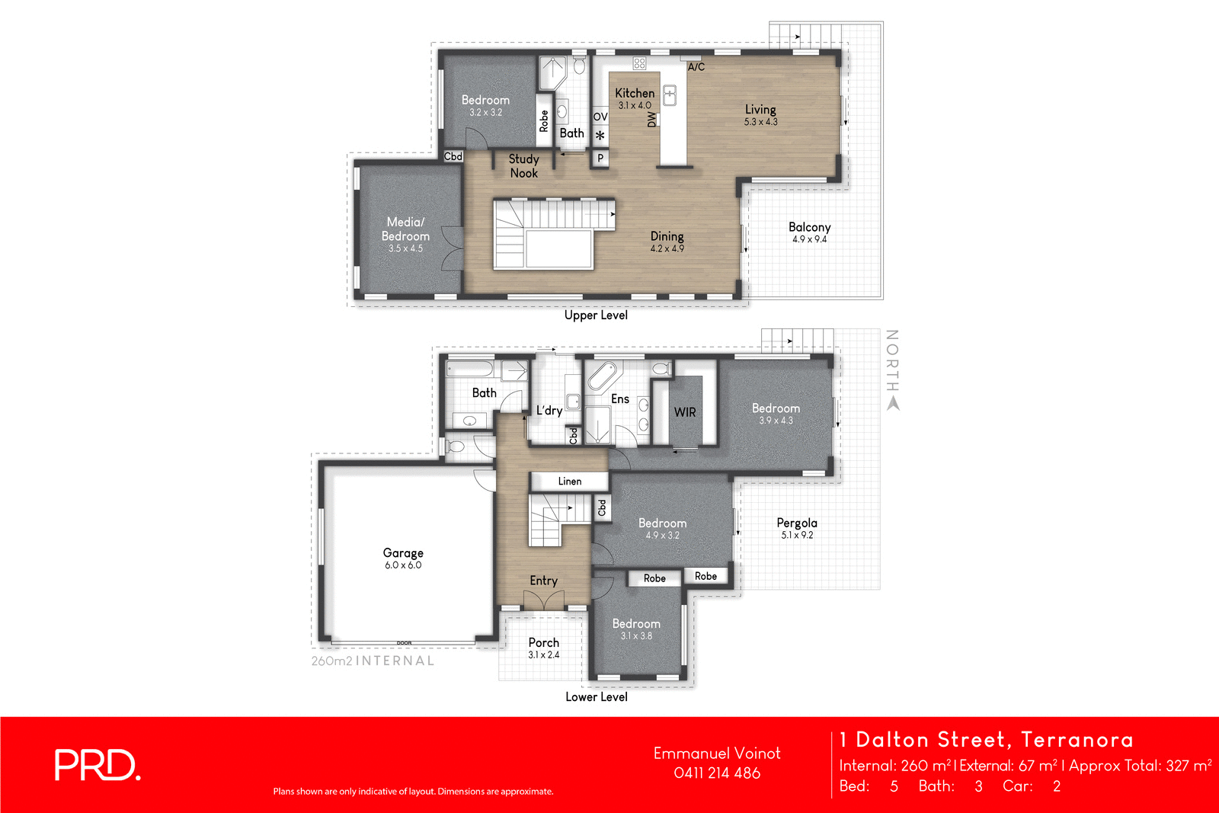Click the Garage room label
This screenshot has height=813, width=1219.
(x=403, y=553)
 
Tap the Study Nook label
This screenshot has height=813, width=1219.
(x=523, y=166)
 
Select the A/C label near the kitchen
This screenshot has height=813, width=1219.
(x=696, y=67)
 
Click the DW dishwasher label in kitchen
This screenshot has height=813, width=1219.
(x=651, y=120)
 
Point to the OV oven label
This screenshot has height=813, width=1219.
(x=600, y=117)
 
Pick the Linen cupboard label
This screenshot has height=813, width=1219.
(x=569, y=482)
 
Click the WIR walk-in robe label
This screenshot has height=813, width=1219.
(x=685, y=412)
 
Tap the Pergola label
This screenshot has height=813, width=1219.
(x=797, y=523)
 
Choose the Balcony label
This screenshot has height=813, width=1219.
(x=809, y=227)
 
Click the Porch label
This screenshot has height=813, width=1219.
(x=543, y=642)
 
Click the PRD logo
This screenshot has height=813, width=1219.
(x=97, y=765)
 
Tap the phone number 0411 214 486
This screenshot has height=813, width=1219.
(x=717, y=773)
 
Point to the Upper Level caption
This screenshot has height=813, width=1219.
(x=596, y=315)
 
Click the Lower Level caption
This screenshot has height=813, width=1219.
(x=596, y=697)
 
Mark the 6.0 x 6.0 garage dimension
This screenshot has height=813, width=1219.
(x=403, y=565)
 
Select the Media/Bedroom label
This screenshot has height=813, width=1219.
(x=405, y=229)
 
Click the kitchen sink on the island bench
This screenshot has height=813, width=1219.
(x=670, y=95)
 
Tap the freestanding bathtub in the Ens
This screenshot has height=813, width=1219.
(x=603, y=375)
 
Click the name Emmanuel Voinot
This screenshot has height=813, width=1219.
(x=717, y=753)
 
